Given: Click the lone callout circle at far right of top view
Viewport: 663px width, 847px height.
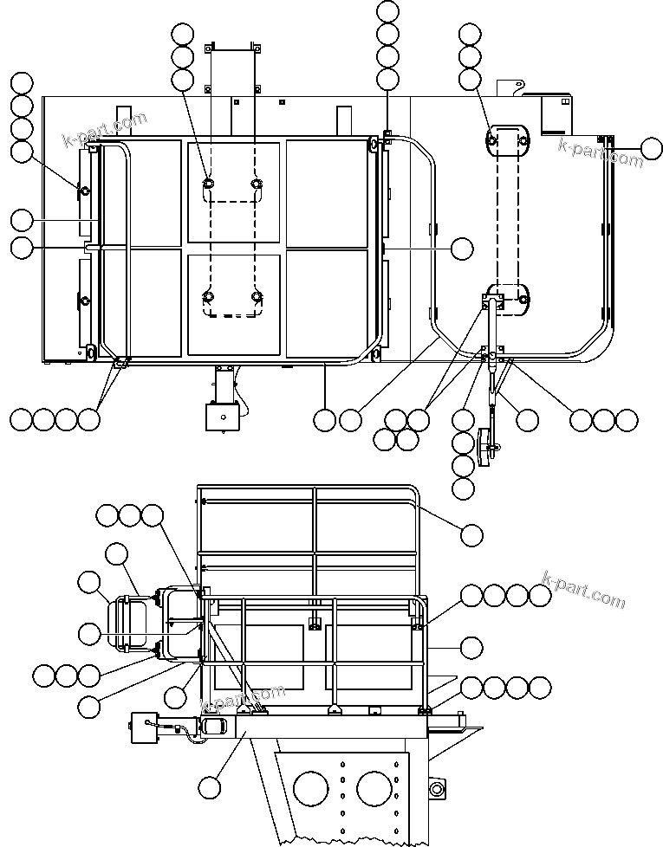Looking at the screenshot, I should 653,150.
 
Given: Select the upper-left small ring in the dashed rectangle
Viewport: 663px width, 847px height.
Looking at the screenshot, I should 209,184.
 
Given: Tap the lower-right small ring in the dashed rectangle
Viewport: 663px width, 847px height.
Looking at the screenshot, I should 257,297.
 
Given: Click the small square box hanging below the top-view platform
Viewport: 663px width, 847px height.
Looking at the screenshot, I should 221,417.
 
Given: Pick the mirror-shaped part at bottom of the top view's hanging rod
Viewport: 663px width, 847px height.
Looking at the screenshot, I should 487,443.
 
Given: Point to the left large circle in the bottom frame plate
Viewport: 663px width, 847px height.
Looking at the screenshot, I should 311,789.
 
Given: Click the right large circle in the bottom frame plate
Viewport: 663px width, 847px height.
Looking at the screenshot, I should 375,789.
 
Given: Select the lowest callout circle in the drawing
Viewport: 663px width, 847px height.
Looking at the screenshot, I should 209,787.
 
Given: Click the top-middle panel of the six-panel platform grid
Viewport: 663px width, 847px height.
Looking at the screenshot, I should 234,192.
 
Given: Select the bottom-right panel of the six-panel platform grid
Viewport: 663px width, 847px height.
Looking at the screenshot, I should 327,302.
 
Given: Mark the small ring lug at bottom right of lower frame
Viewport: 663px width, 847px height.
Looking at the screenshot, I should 435,788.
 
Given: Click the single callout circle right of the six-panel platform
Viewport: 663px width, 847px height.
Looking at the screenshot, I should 462,249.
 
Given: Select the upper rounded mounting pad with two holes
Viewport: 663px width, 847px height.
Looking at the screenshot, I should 507,139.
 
